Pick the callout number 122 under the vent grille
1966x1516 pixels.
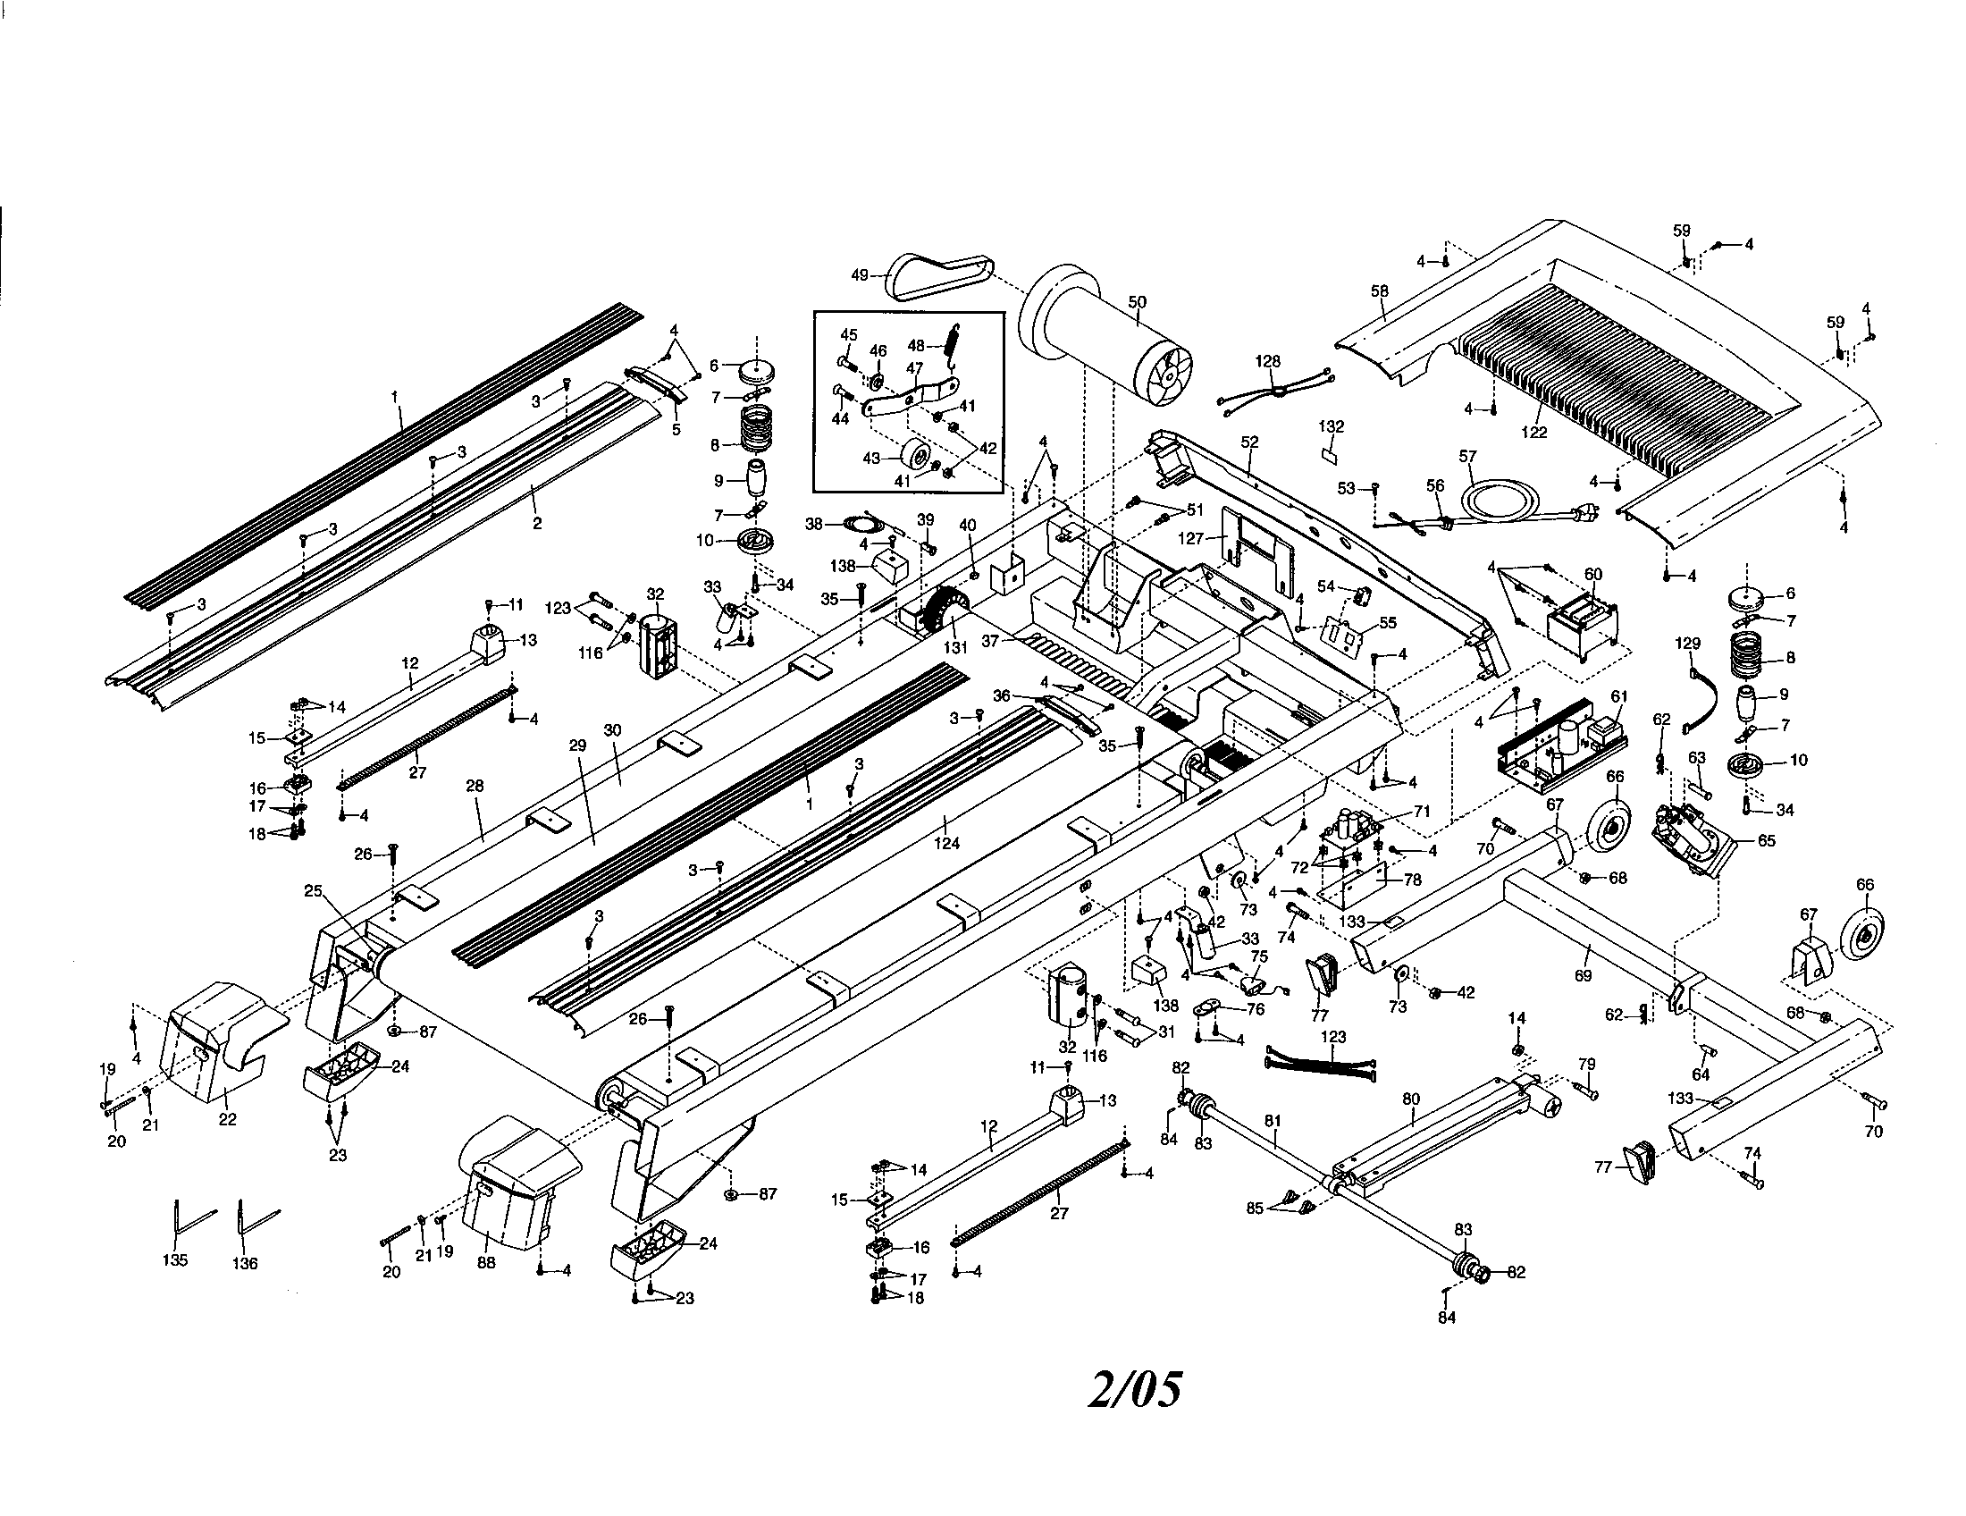tap(1533, 432)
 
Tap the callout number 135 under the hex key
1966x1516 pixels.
tap(174, 1260)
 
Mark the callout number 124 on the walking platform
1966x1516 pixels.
tap(946, 844)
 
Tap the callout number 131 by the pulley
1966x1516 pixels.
tap(955, 646)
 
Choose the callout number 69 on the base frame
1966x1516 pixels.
tap(1584, 975)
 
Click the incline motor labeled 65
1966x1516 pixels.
tap(1689, 838)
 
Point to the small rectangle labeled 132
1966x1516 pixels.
tap(1329, 454)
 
